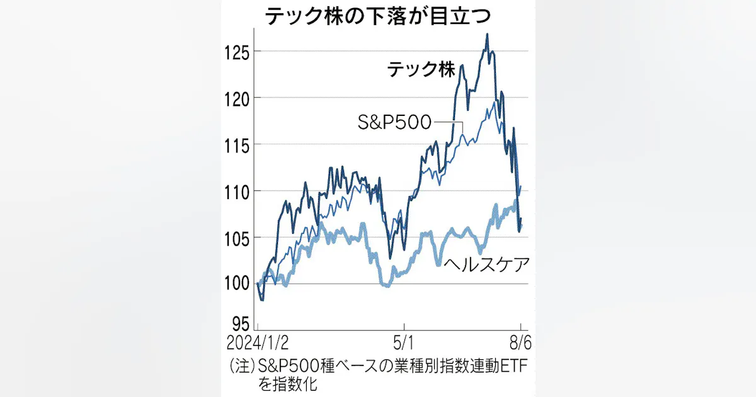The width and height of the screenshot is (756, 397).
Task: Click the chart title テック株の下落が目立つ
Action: pyautogui.click(x=377, y=16)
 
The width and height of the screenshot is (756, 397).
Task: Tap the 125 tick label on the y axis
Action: pyautogui.click(x=238, y=54)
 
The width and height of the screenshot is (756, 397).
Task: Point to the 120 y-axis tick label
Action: pyautogui.click(x=238, y=100)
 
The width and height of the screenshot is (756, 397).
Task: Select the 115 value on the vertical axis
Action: pyautogui.click(x=238, y=146)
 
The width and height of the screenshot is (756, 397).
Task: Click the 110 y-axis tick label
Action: pyautogui.click(x=238, y=193)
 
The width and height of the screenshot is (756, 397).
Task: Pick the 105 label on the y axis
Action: pyautogui.click(x=238, y=239)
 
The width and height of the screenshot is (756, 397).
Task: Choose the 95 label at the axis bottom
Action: pyautogui.click(x=241, y=324)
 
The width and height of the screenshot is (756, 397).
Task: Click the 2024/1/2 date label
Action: pyautogui.click(x=258, y=343)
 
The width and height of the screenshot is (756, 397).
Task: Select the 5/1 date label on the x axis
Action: pyautogui.click(x=404, y=343)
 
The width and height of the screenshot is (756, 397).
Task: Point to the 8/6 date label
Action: pyautogui.click(x=520, y=343)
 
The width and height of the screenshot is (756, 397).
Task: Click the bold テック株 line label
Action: pyautogui.click(x=421, y=70)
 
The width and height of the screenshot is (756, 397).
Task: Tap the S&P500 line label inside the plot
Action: pyautogui.click(x=394, y=122)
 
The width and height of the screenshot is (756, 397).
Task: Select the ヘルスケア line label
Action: pyautogui.click(x=486, y=264)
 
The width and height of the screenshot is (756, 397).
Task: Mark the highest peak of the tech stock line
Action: pyautogui.click(x=487, y=34)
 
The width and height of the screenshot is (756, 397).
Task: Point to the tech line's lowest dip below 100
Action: pyautogui.click(x=262, y=300)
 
